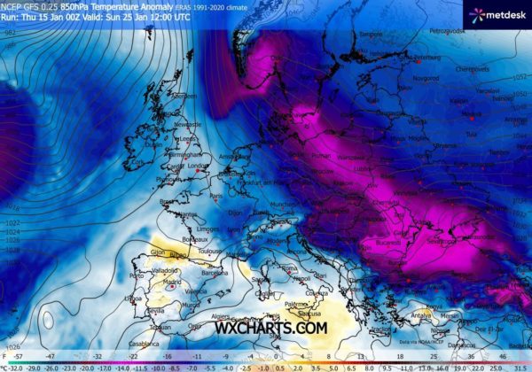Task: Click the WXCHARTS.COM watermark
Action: click(270, 328)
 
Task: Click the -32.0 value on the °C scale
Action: click(12, 365)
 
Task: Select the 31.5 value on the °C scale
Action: click(519, 365)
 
